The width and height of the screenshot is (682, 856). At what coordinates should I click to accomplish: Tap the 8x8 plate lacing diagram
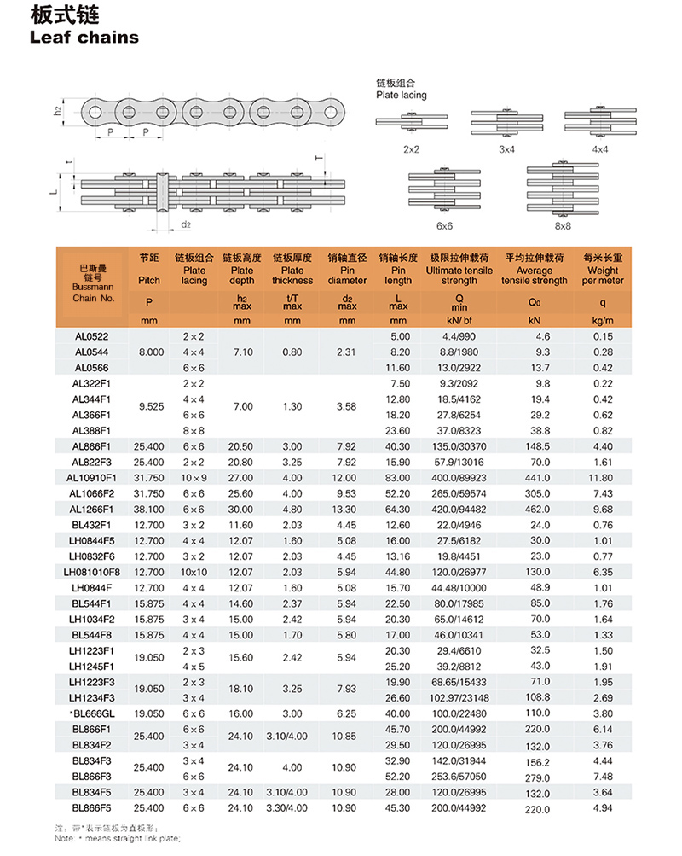point(560,190)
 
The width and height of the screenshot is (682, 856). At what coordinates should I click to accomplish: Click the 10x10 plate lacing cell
point(194,570)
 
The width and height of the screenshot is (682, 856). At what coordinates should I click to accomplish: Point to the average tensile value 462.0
point(535,509)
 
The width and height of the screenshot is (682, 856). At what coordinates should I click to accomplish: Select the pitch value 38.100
point(148,509)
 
